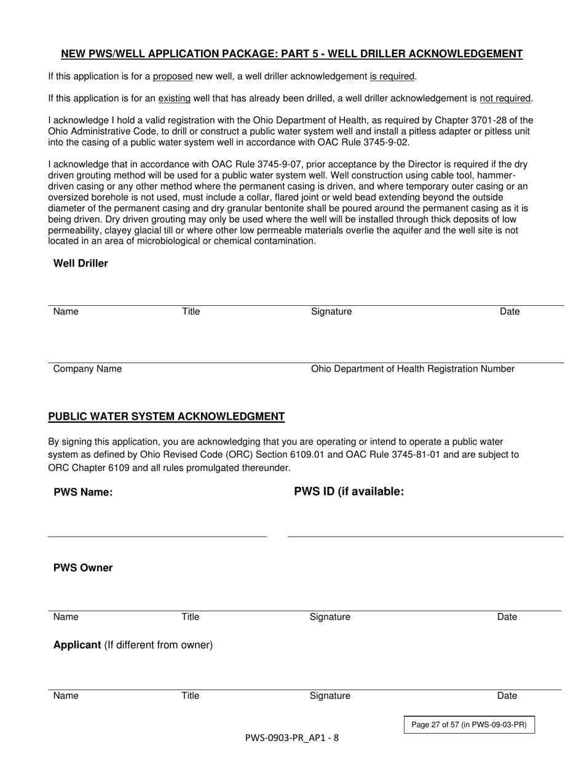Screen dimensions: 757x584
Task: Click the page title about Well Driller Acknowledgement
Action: pyautogui.click(x=291, y=54)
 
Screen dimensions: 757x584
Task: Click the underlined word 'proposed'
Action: pyautogui.click(x=173, y=76)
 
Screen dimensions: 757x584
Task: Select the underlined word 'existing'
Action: pyautogui.click(x=174, y=98)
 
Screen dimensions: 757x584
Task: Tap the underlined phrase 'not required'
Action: pyautogui.click(x=505, y=98)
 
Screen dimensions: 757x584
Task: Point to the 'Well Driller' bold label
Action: pyautogui.click(x=81, y=263)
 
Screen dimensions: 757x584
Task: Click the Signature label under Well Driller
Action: pyautogui.click(x=331, y=311)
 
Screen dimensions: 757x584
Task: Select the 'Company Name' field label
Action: pyautogui.click(x=87, y=369)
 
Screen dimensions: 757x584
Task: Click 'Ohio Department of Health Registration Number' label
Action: pyautogui.click(x=412, y=369)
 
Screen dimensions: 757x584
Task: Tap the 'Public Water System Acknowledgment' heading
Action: pyautogui.click(x=167, y=417)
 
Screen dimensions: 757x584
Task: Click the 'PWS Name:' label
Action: pyautogui.click(x=83, y=492)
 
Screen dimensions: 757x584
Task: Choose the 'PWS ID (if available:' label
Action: pyautogui.click(x=349, y=491)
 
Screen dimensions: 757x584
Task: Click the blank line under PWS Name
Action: pyautogui.click(x=157, y=535)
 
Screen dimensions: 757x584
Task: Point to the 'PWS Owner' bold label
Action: pyautogui.click(x=83, y=567)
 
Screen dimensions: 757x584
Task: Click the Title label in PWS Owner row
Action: pyautogui.click(x=190, y=617)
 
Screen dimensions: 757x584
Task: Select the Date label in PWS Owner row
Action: pyautogui.click(x=507, y=617)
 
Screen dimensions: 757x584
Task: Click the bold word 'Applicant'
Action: pyautogui.click(x=77, y=645)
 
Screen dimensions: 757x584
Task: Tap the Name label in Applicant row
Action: pyautogui.click(x=66, y=695)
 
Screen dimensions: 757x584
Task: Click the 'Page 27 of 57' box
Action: pyautogui.click(x=468, y=725)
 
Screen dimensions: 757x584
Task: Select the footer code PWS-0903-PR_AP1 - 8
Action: pyautogui.click(x=291, y=738)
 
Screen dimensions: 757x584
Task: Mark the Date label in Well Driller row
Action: pyautogui.click(x=510, y=311)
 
